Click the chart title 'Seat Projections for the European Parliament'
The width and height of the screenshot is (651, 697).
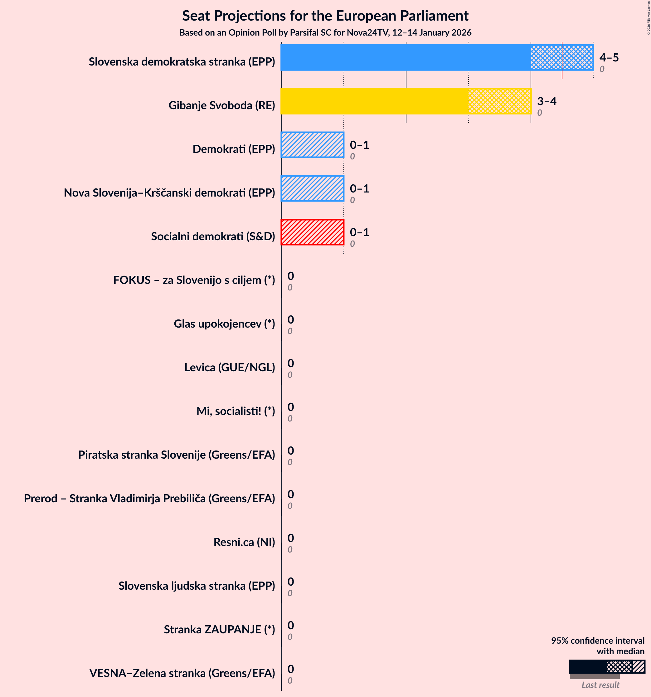325,16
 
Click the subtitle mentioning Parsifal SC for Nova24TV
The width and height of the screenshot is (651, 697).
325,33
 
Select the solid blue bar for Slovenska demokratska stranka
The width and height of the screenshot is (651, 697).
406,57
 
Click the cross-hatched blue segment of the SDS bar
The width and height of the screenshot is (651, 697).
546,57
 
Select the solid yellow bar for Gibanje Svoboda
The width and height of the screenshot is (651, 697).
374,101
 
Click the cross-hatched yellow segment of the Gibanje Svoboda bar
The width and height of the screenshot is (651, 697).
499,101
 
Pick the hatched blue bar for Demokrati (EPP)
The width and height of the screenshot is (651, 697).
312,145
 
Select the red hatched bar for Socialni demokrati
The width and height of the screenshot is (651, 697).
312,232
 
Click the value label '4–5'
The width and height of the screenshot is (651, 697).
609,57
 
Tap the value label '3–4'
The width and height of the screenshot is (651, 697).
547,101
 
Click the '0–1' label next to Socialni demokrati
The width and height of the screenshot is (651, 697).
359,232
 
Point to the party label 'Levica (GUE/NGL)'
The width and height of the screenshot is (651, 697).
230,368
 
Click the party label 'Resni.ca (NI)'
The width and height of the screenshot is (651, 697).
244,542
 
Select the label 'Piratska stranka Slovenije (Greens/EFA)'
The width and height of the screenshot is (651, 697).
176,455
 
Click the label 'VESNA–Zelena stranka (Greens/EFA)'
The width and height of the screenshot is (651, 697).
182,673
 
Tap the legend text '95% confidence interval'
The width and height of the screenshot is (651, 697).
597,641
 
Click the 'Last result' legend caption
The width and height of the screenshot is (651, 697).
600,685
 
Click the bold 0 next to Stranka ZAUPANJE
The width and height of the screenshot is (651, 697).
291,625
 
